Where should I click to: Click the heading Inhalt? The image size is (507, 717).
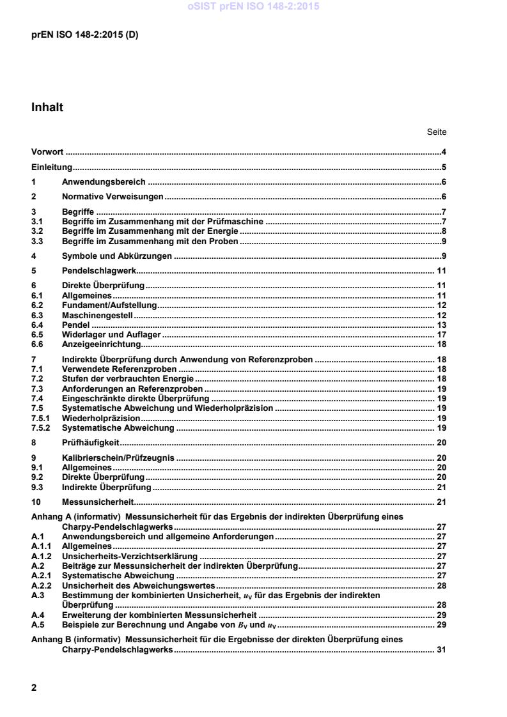point(47,108)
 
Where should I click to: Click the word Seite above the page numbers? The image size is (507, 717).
point(437,132)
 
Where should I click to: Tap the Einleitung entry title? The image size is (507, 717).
point(51,168)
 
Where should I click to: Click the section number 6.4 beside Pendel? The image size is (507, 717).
point(37,325)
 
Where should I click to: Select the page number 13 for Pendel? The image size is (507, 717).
point(441,325)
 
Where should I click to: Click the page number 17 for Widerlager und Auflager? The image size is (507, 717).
point(441,334)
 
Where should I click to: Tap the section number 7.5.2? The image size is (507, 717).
point(40,428)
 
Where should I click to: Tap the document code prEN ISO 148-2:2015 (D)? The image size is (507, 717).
point(84,35)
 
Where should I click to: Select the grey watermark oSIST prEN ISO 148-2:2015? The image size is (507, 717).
point(253,7)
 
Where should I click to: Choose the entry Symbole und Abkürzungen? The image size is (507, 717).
point(117,256)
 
